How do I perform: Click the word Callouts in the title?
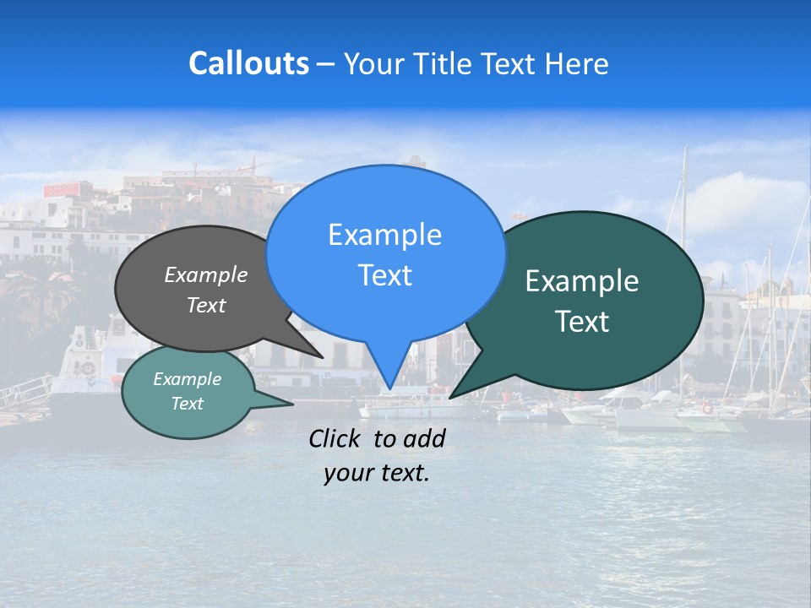tap(248, 63)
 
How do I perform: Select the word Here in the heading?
tap(577, 63)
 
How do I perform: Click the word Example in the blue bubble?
tap(384, 235)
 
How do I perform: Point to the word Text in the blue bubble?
tap(384, 275)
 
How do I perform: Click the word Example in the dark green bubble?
tap(582, 281)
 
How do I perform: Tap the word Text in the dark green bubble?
tap(582, 322)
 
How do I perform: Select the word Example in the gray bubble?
tap(205, 274)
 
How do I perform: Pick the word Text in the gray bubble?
tap(205, 305)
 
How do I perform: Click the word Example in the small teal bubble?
tap(187, 379)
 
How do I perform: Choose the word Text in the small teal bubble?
tap(187, 404)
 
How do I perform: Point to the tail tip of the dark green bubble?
tap(450, 397)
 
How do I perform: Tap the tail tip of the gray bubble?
tap(322, 357)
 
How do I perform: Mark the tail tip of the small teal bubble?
tap(292, 404)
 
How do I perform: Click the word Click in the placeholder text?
tap(336, 438)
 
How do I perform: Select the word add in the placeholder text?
tap(423, 438)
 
